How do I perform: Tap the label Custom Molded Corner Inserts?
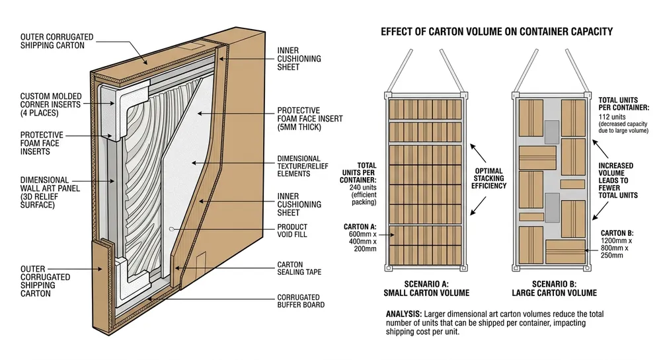click(x=50, y=104)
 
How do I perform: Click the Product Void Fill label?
click(x=292, y=231)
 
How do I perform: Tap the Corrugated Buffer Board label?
click(x=298, y=301)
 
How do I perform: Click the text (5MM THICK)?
click(x=298, y=127)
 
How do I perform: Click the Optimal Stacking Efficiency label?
click(x=489, y=178)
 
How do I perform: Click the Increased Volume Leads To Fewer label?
click(x=615, y=180)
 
